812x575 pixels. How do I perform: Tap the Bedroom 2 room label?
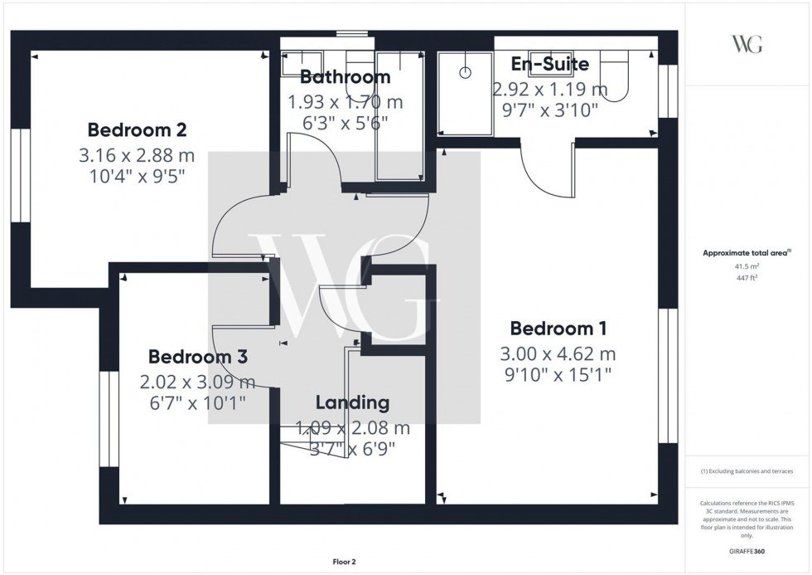137,130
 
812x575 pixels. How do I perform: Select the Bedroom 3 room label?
198,357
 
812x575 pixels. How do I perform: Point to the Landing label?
352,403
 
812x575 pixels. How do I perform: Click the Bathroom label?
345,77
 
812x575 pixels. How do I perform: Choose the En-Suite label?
549,64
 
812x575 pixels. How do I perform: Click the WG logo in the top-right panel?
747,45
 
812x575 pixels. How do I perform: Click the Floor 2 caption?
342,563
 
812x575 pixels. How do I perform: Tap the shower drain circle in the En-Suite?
465,71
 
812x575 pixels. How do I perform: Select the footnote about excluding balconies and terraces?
747,471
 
